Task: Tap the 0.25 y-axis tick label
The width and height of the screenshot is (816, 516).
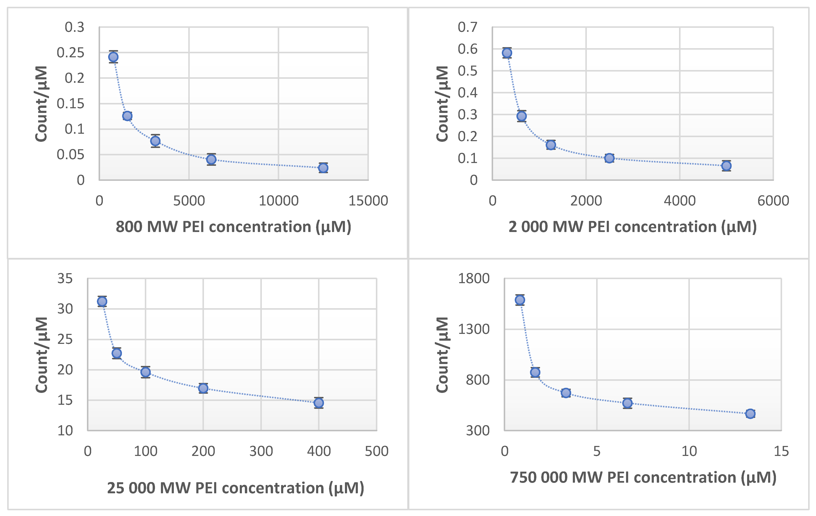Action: [x=70, y=53]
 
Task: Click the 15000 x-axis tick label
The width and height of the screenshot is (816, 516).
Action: [x=368, y=201]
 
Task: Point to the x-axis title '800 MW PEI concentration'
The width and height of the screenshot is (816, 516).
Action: [x=233, y=227]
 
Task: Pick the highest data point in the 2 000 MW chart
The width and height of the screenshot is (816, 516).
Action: [x=507, y=53]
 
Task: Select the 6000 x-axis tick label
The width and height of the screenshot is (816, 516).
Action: [x=773, y=201]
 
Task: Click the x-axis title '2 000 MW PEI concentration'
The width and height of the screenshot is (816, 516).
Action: [x=632, y=227]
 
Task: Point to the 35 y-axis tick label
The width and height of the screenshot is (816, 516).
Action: [x=65, y=278]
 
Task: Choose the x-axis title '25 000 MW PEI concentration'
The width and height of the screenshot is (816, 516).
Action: [x=236, y=488]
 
